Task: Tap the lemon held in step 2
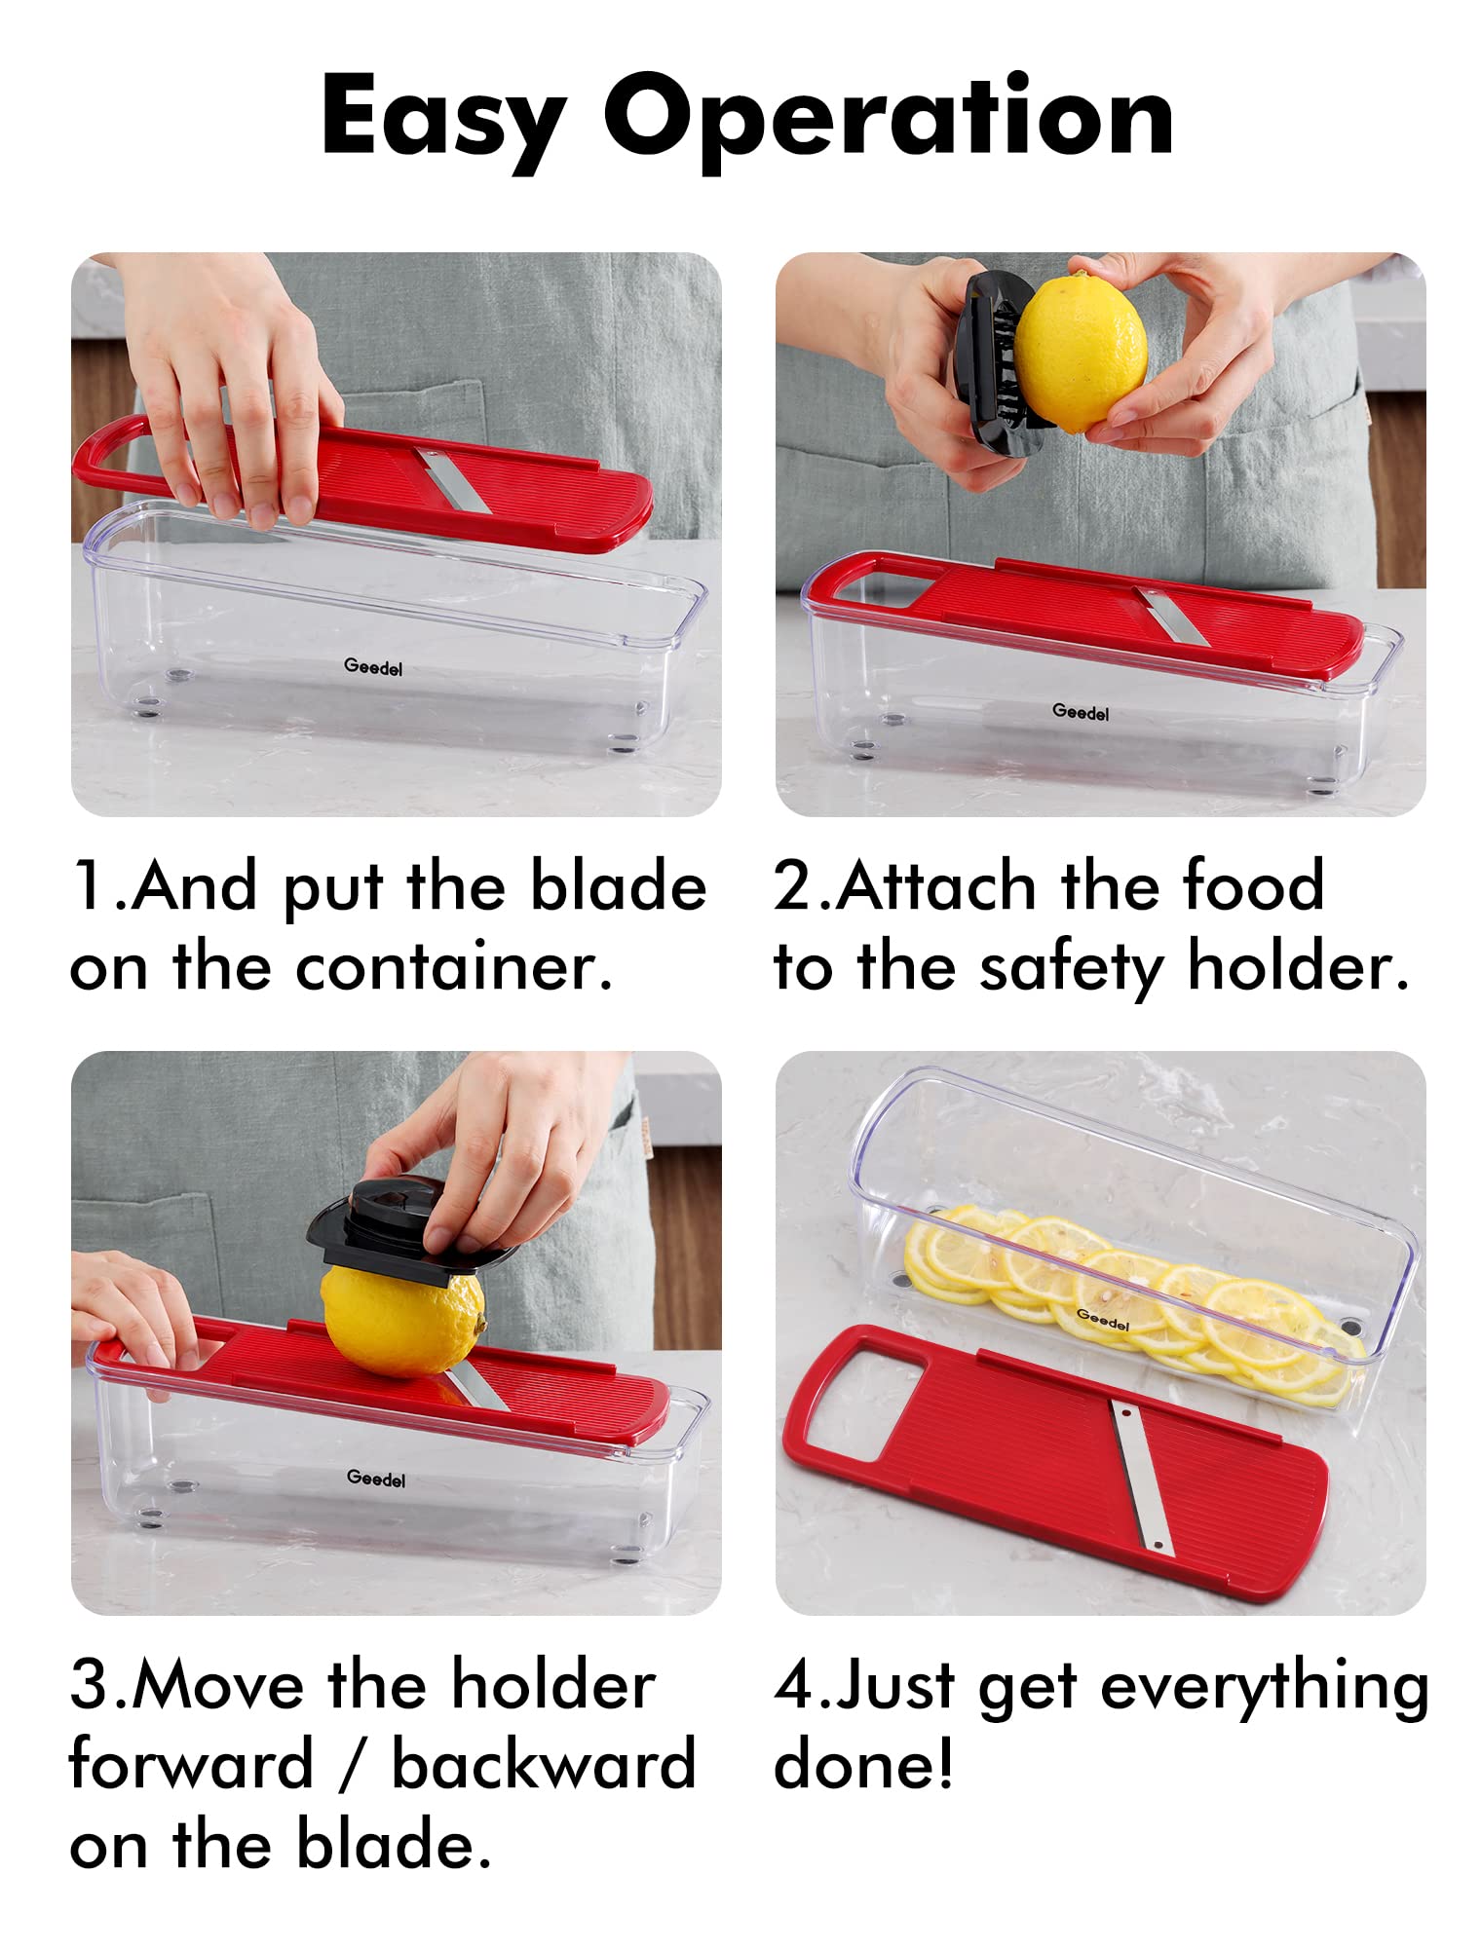pyautogui.click(x=1082, y=353)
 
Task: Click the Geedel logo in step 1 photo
pyautogui.click(x=373, y=667)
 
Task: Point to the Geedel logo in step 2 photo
pyautogui.click(x=1081, y=712)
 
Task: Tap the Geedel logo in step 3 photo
pyautogui.click(x=376, y=1478)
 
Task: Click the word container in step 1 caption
pyautogui.click(x=454, y=967)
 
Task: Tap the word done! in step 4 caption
pyautogui.click(x=863, y=1764)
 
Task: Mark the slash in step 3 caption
pyautogui.click(x=353, y=1764)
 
